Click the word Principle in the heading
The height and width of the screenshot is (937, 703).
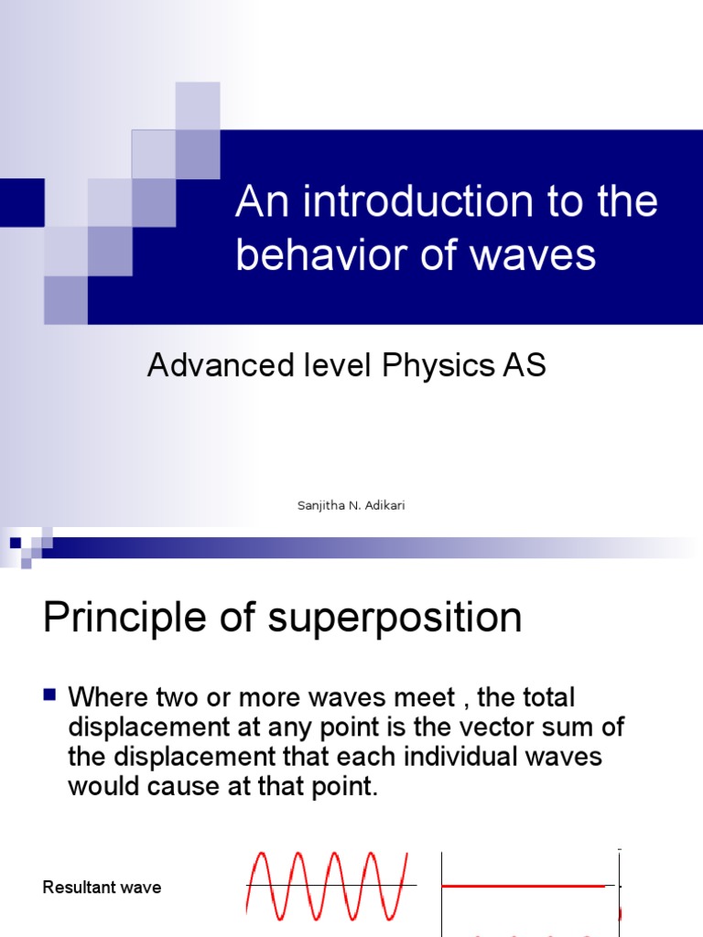139,619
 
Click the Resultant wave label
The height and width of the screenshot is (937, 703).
102,888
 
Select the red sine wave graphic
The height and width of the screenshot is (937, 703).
327,884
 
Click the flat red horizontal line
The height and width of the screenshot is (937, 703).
523,886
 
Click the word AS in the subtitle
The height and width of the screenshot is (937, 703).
524,365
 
